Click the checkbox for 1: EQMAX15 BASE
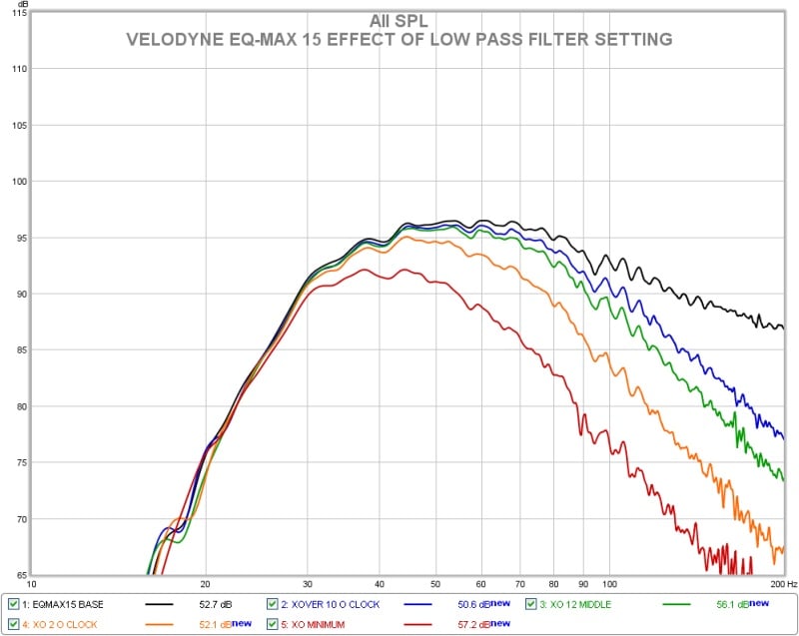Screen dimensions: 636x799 click(x=13, y=604)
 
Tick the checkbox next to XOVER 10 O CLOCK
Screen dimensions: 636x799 click(x=273, y=604)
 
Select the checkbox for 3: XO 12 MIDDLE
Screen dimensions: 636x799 click(x=531, y=604)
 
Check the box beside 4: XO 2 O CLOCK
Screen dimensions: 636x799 click(x=13, y=624)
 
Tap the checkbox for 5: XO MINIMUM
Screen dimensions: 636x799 click(x=273, y=624)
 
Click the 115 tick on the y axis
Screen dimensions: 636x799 click(x=18, y=13)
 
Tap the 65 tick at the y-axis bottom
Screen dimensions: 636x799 click(x=20, y=576)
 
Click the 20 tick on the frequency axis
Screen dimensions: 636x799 click(x=205, y=584)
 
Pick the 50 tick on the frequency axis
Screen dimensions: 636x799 click(x=434, y=584)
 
